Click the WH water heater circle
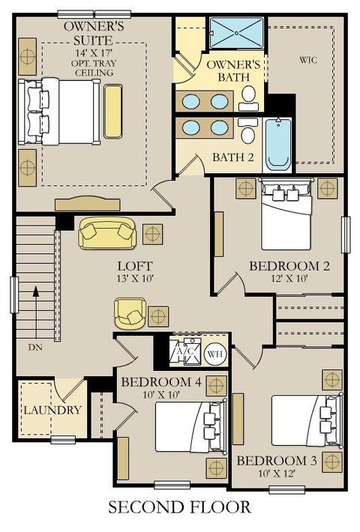click(x=215, y=354)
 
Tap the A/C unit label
click(x=184, y=351)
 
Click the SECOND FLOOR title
click(x=180, y=507)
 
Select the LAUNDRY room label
click(x=52, y=410)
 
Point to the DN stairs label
click(x=35, y=347)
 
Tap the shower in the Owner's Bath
click(x=236, y=33)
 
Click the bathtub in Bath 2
click(x=278, y=145)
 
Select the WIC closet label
click(x=308, y=61)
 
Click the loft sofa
click(x=107, y=233)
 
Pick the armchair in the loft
click(x=130, y=313)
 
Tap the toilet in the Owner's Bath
click(x=250, y=98)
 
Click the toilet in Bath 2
click(x=248, y=130)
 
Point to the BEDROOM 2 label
click(x=289, y=266)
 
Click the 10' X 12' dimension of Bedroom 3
click(x=277, y=474)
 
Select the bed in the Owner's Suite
click(x=59, y=112)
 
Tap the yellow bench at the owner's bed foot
click(x=112, y=112)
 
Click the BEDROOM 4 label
click(x=161, y=382)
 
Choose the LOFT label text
click(x=135, y=266)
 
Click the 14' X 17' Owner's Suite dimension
click(x=94, y=52)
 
